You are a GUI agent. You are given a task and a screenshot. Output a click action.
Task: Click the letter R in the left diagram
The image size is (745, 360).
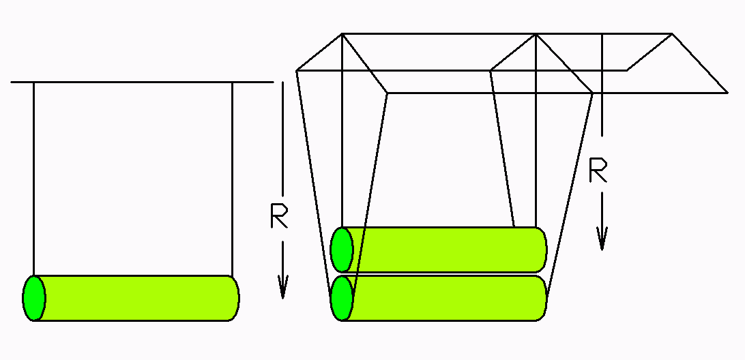point(279,216)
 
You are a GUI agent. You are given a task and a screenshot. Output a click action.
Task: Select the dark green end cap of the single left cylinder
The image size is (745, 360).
point(33,298)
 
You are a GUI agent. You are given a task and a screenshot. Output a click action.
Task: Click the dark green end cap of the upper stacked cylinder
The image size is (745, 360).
point(341,250)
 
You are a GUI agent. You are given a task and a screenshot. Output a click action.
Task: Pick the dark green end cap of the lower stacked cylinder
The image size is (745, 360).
point(341,298)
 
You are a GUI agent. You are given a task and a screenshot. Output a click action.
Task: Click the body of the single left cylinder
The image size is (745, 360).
point(136,298)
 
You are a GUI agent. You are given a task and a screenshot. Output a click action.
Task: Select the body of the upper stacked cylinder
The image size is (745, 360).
point(443,250)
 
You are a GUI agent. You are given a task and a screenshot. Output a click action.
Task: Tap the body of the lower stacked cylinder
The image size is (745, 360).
point(443,298)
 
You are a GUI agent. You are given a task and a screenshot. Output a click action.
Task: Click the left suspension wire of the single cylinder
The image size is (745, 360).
point(33,177)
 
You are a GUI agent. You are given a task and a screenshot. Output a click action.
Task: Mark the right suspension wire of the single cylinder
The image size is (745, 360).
point(233,177)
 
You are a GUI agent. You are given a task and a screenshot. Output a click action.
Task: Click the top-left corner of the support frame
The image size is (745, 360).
point(341,33)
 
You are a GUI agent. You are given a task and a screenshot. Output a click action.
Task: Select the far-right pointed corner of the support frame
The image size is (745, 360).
point(727,92)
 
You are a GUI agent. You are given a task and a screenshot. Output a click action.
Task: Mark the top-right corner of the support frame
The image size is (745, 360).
point(672,33)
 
